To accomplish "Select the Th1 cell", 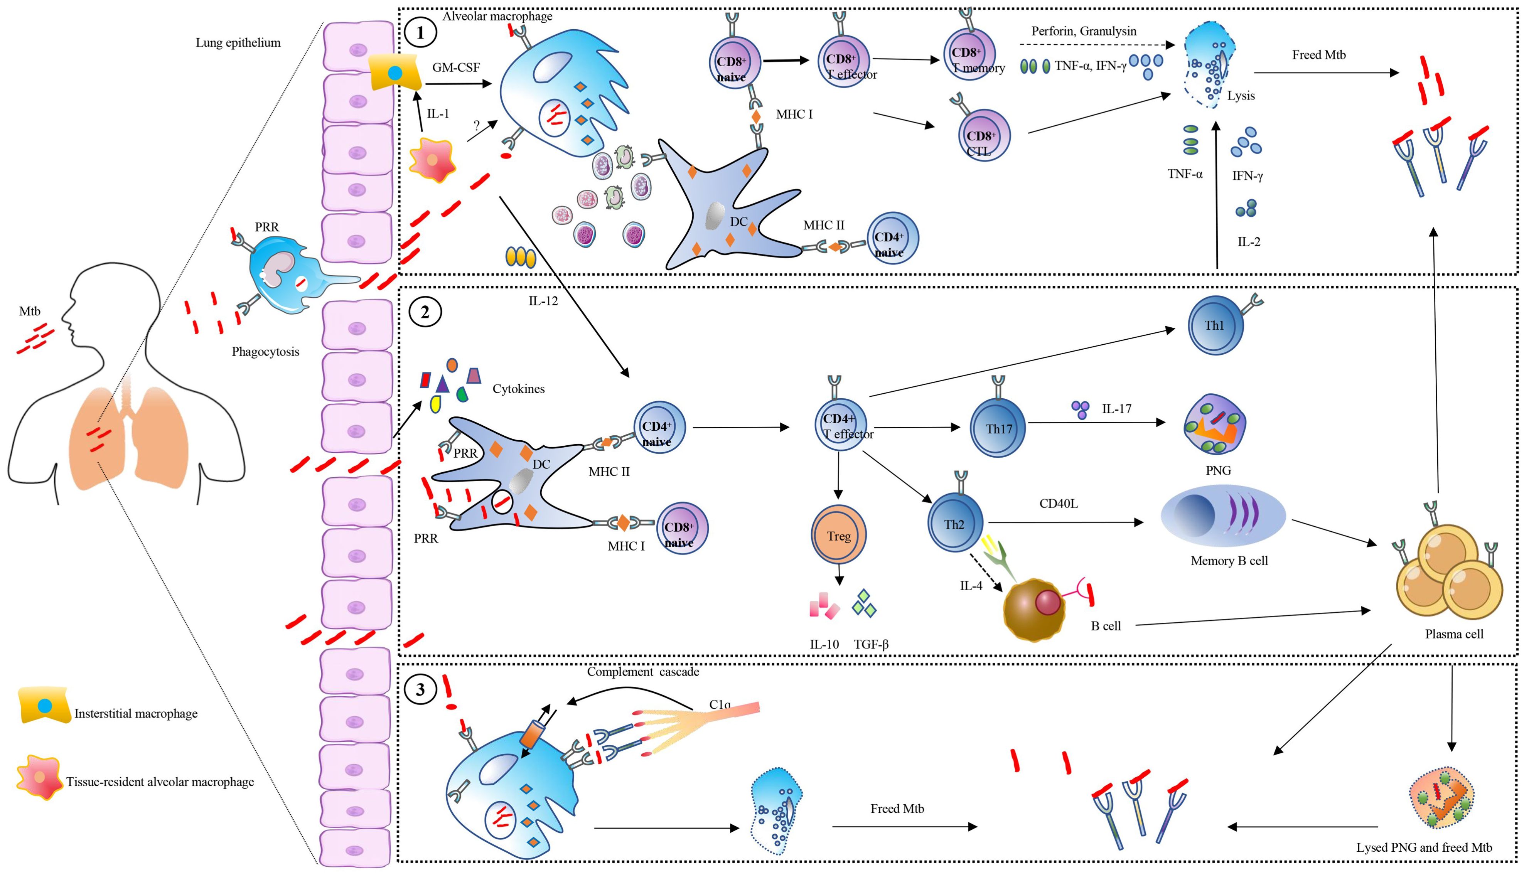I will click(1215, 325).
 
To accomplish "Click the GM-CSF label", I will click(456, 67).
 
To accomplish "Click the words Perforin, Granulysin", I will click(1084, 31).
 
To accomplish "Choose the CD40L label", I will click(1058, 504).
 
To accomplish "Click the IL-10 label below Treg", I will click(824, 644).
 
